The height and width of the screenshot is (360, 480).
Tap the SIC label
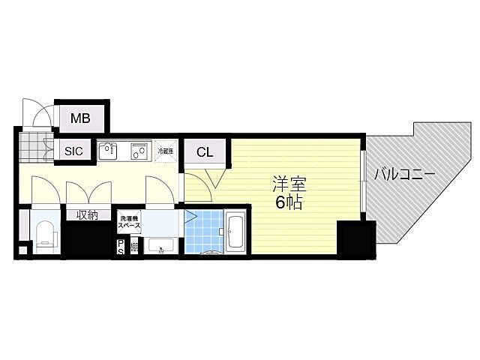73,151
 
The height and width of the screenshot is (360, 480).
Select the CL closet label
205,152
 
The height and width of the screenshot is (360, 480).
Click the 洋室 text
289,184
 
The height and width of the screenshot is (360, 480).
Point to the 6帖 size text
289,203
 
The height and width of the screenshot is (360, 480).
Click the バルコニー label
405,174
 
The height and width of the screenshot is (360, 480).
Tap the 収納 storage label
87,215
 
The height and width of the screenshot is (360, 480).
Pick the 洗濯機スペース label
130,223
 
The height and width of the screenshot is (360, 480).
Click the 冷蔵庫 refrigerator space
166,151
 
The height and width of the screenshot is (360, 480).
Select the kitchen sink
109,151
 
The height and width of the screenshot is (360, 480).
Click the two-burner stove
139,151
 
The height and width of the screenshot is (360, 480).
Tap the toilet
46,235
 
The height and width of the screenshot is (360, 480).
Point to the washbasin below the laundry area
161,246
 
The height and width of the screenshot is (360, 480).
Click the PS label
121,247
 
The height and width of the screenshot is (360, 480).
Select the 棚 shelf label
133,247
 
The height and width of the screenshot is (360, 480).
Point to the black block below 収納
87,240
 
